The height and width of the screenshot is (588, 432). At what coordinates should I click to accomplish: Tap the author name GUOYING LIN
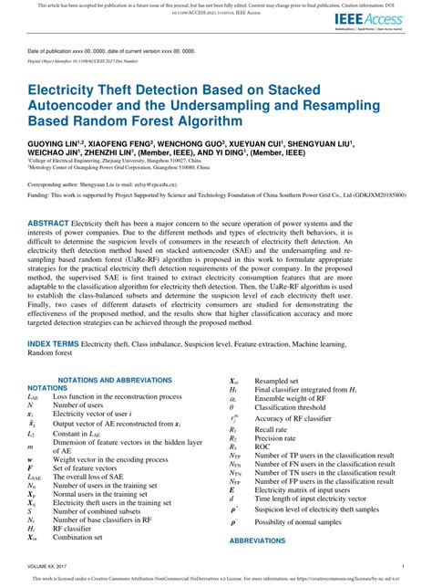[56, 144]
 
